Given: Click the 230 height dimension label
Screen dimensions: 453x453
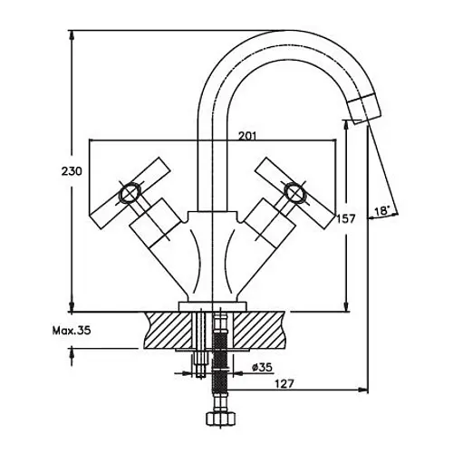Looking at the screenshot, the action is pos(72,171).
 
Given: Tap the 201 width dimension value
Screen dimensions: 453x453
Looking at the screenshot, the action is pos(247,136).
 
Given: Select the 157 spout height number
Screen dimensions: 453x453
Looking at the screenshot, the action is pos(346,218).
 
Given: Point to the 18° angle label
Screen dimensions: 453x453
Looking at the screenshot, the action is pos(382,210).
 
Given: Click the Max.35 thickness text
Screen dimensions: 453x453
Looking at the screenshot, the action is pos(72,331).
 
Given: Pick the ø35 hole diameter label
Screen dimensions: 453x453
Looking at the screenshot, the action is pos(262,367).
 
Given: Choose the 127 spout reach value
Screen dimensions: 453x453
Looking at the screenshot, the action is pos(284,384).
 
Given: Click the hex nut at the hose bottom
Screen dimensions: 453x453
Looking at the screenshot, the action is pos(221,419).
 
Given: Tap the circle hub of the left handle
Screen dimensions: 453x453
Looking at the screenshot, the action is pos(130,193).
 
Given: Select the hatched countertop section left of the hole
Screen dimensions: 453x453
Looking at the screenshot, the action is pos(168,331).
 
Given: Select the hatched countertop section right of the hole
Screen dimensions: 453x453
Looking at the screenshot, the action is pos(259,331).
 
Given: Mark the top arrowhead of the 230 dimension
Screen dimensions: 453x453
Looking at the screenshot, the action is pos(72,35).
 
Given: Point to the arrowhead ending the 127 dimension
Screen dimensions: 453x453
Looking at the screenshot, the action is pos(362,390).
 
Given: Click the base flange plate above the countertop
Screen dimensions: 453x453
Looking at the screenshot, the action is pos(213,306).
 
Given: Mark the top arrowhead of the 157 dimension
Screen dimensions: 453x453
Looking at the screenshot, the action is pos(346,125).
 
